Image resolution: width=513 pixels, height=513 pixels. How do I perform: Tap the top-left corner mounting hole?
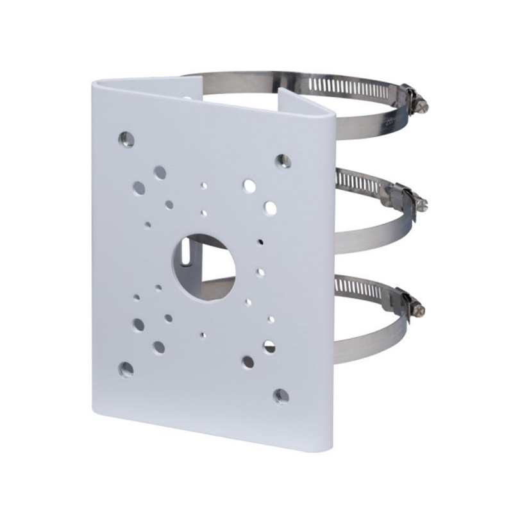pos(126,139)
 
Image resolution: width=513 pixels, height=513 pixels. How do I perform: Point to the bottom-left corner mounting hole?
pos(126,369)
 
